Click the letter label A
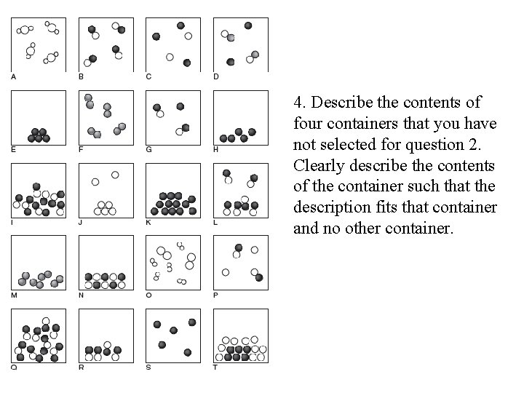[13, 76]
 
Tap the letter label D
[216, 76]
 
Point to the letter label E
[13, 149]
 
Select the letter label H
[216, 149]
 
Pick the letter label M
[13, 295]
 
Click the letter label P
[216, 295]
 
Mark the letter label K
[148, 222]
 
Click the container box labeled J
[106, 189]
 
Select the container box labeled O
[172, 262]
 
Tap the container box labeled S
[172, 335]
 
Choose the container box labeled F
[106, 116]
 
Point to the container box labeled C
[172, 44]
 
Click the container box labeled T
[241, 335]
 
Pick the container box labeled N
[106, 262]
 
